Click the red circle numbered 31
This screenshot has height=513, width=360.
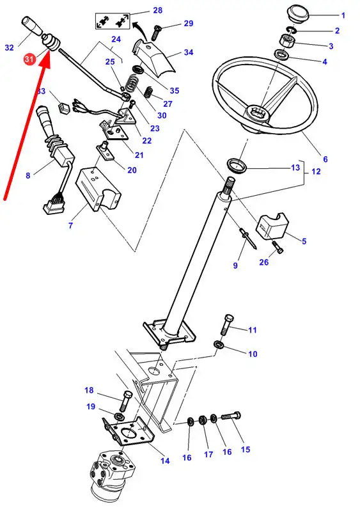[x=29, y=59]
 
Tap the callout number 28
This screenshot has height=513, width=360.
[x=157, y=10]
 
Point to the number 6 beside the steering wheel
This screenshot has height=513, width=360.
[x=325, y=159]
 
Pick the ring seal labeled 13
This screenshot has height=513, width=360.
[x=237, y=165]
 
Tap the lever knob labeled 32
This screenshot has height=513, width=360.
[x=32, y=26]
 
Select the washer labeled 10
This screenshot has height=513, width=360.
[x=218, y=345]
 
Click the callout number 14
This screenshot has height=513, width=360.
[x=165, y=461]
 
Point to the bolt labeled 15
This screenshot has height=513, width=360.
[x=231, y=416]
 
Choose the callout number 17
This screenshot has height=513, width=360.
[x=208, y=454]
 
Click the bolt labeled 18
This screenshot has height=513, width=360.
[x=125, y=401]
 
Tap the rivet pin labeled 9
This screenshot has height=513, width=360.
[x=249, y=238]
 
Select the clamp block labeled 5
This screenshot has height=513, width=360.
[x=272, y=224]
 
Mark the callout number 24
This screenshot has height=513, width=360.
[x=116, y=39]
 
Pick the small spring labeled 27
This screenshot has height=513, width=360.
[x=149, y=93]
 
